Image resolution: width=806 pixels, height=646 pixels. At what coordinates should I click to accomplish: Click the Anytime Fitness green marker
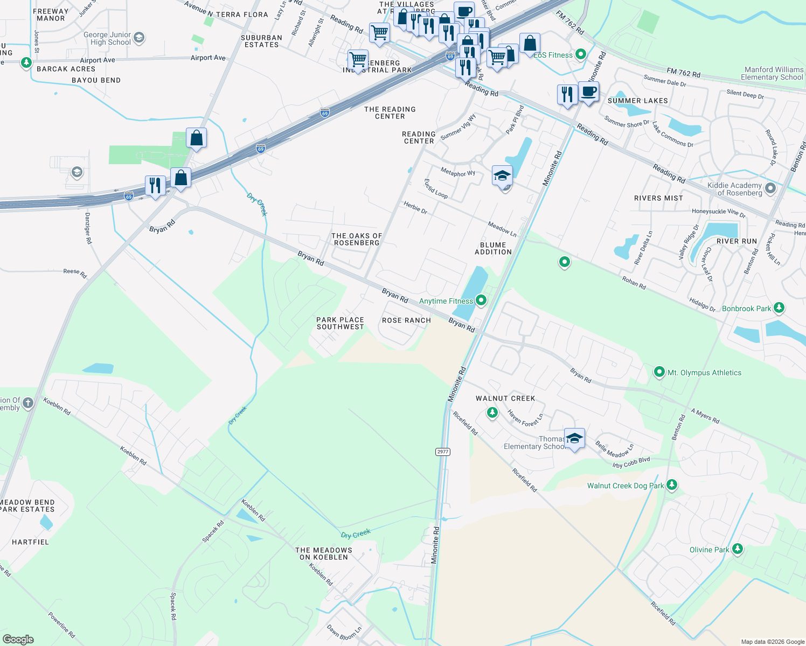point(481,300)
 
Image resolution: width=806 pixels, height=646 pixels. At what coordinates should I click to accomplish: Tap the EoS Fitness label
point(553,55)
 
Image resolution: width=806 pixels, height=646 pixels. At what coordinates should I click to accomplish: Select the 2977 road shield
point(443,452)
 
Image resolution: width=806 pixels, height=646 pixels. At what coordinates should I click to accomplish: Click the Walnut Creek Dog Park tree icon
point(671,485)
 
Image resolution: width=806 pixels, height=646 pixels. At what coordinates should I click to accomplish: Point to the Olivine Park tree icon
point(738,549)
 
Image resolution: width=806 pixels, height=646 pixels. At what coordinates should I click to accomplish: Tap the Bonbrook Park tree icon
point(779,308)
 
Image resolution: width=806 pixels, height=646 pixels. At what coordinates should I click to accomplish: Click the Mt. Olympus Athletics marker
point(659,372)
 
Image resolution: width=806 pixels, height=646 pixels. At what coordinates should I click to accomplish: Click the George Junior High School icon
point(139,38)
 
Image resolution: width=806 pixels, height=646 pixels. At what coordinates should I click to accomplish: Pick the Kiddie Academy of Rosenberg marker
point(770,188)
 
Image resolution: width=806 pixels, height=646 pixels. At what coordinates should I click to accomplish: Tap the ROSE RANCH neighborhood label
point(406,320)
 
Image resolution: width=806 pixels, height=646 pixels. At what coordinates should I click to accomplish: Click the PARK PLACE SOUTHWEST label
point(340,323)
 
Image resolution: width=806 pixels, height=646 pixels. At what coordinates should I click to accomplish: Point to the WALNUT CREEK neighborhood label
point(505,398)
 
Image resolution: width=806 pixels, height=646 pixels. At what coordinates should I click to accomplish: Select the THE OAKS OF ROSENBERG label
point(357,239)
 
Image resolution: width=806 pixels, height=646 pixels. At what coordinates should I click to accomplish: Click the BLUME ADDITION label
point(493,248)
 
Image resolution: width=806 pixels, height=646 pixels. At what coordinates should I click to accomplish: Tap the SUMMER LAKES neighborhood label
point(637,101)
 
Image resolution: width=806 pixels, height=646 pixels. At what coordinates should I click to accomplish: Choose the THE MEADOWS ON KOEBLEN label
point(324,553)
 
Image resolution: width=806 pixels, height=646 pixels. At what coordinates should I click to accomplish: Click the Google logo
point(18,640)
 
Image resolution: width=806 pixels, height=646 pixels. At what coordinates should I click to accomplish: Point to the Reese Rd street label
point(75,273)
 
